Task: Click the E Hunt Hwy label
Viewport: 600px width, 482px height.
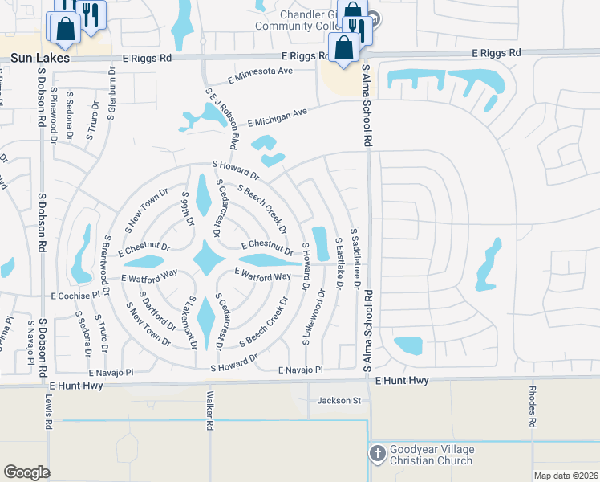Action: [x=401, y=379]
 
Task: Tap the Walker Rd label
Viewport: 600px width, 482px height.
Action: [x=209, y=410]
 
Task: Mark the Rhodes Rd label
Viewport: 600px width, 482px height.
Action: [x=532, y=410]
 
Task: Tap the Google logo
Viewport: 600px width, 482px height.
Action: [x=26, y=472]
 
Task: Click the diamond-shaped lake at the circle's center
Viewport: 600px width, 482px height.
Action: [x=208, y=259]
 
